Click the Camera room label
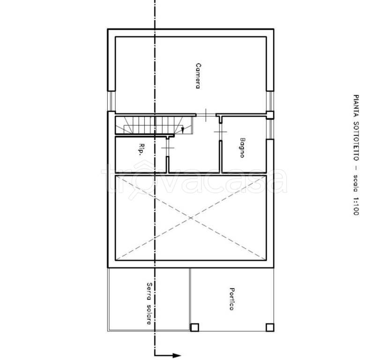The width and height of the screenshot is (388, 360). [198, 76]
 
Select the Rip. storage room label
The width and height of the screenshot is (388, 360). [142, 149]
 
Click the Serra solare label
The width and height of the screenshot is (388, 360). [149, 303]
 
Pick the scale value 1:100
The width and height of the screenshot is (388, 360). [356, 206]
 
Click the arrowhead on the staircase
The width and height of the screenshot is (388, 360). [183, 130]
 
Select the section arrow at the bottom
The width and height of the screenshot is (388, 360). [167, 355]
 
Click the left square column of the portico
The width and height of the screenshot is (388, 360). [194, 327]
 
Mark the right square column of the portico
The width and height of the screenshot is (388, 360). [270, 327]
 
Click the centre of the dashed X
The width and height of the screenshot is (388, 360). [191, 218]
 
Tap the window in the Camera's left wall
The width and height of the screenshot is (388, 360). [112, 101]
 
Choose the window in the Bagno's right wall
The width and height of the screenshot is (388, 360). [270, 129]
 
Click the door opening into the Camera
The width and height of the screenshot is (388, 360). [206, 115]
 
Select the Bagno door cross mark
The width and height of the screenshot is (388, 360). [220, 132]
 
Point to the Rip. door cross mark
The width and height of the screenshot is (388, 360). [167, 148]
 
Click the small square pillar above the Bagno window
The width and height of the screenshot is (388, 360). [270, 115]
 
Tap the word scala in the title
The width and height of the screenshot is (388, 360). [356, 183]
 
